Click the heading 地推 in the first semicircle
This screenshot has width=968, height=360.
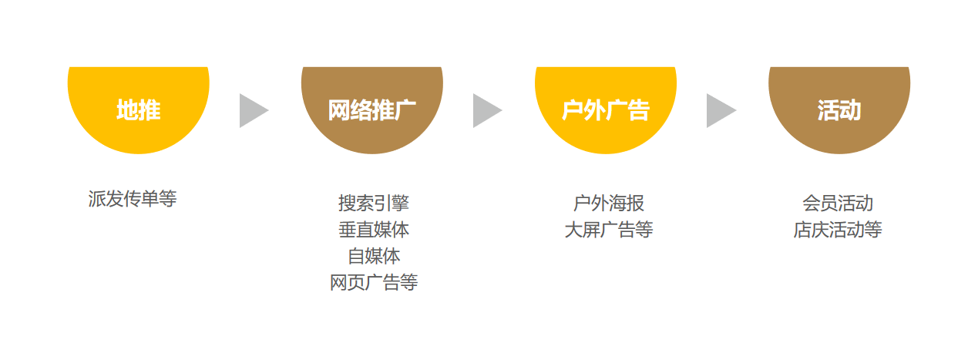pos(139,110)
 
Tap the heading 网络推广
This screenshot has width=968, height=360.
pos(372,110)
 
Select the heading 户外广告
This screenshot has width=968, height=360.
pos(606,110)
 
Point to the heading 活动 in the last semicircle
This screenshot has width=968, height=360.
pos(839,110)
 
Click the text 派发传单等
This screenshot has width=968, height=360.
pos(133,199)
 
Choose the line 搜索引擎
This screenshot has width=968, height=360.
pos(374,203)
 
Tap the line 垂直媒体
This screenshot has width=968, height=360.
pos(374,230)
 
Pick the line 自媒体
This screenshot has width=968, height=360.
pos(374,256)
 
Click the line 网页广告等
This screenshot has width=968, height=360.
pos(374,283)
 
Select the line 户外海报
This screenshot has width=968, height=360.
pos(609,203)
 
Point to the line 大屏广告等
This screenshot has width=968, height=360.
pos(609,230)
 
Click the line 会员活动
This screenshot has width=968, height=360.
pos(838,203)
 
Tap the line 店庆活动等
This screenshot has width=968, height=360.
pos(838,230)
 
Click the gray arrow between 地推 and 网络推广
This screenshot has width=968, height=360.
pos(251,111)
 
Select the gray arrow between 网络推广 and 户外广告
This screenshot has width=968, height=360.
pos(485,111)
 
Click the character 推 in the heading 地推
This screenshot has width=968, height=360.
pos(150,110)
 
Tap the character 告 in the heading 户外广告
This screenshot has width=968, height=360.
pos(639,110)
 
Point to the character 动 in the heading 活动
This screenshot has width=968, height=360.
pos(850,110)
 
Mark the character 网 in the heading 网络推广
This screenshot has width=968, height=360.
pos(339,110)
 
